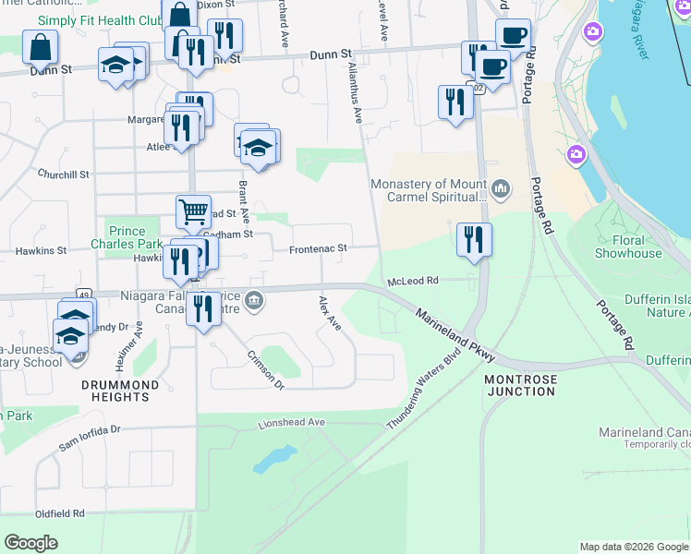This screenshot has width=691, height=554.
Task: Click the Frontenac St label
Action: (318, 249)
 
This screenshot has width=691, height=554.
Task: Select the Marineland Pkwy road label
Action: (455, 335)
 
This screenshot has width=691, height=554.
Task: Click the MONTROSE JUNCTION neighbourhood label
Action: (520, 385)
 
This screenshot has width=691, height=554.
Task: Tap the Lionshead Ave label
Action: (292, 423)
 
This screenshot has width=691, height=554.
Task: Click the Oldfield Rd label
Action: (60, 513)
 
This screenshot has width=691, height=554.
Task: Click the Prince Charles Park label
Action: (127, 238)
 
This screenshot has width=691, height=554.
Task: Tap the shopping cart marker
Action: (193, 211)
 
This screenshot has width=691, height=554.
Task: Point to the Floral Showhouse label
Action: (628, 247)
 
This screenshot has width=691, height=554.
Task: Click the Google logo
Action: (30, 543)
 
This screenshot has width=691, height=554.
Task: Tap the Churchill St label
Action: (63, 174)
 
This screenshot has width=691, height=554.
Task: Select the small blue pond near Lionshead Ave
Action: (275, 457)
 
